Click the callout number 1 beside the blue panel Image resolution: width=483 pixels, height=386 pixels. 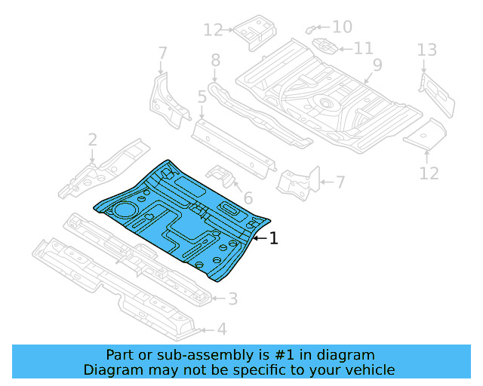274,238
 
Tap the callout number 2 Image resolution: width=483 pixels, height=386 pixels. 92,140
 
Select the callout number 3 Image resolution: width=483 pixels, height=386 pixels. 232,299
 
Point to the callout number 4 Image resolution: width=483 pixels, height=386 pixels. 221,329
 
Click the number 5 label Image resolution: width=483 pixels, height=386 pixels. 202,96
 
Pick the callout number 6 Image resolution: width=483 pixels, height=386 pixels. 248,198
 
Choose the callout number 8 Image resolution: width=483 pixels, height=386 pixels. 215,60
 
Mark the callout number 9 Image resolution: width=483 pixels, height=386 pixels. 377,65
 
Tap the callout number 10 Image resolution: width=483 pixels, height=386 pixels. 342,27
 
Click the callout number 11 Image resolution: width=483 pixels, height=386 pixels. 363,48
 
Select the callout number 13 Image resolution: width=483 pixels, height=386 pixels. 427,51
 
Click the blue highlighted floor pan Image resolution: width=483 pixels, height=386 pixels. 181,219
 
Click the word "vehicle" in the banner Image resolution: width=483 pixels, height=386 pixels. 366,369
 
